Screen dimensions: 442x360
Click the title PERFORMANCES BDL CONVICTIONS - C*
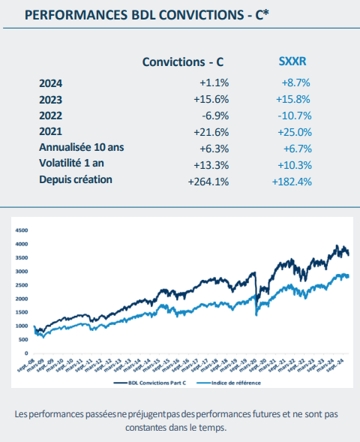point(147,14)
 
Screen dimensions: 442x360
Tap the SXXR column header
point(288,61)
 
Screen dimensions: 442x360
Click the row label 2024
point(51,83)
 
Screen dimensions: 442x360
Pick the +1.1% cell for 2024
point(213,83)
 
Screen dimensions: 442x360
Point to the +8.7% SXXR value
point(295,83)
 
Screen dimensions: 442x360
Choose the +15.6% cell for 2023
point(211,100)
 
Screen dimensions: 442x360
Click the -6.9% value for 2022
point(214,116)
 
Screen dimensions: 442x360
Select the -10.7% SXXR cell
point(293,116)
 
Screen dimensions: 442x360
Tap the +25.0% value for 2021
point(292,132)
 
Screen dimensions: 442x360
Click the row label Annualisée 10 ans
point(81,148)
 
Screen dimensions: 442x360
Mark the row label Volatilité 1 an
point(73,164)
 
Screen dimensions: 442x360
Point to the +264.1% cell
point(208,181)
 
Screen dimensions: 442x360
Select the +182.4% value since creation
point(291,181)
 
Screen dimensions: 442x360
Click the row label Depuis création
point(76,180)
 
